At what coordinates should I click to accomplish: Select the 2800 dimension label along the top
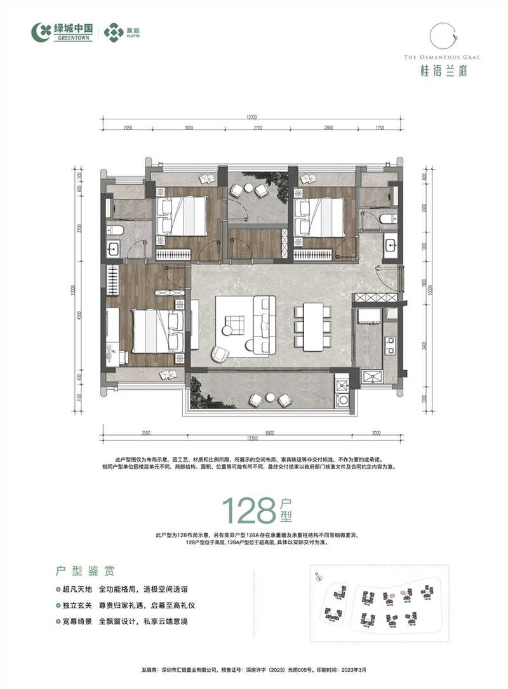click(x=328, y=128)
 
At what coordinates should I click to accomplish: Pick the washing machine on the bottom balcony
click(x=344, y=401)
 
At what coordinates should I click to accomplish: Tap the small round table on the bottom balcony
click(x=269, y=398)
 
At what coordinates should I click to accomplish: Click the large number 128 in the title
click(x=248, y=509)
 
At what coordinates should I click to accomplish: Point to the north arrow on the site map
click(x=316, y=576)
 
